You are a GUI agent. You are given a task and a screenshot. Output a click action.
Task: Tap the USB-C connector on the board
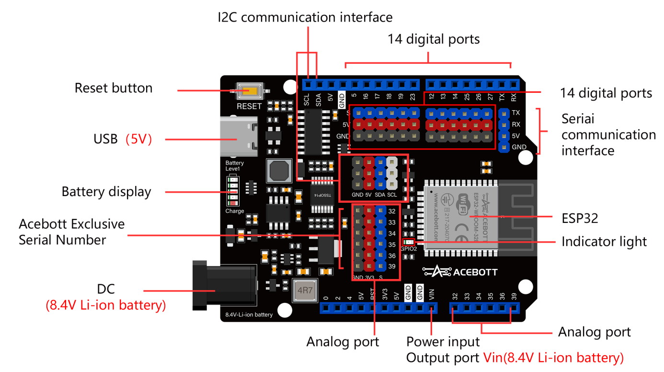[x=238, y=139]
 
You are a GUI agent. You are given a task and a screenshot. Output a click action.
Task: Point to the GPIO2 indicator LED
[x=408, y=243]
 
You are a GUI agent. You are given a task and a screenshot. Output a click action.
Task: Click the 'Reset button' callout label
[x=114, y=88]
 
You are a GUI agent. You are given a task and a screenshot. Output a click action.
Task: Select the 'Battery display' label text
[x=106, y=192]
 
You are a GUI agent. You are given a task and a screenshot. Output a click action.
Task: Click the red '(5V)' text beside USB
[x=138, y=139]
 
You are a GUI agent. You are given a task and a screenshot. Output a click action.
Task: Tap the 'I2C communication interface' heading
[x=305, y=18]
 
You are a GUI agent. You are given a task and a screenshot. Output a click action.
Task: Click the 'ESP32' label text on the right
[x=580, y=219]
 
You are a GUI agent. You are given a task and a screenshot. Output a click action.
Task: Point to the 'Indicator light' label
[x=604, y=242]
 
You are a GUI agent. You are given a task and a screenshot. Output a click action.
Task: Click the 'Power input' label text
[x=443, y=342]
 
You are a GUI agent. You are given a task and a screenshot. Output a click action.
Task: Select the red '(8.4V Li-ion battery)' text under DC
[x=106, y=305]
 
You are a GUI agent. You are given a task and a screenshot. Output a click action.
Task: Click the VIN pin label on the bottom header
[x=432, y=292]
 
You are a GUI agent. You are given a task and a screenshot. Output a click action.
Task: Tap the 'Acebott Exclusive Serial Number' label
[x=71, y=232]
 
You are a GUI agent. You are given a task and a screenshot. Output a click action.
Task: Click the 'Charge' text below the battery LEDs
[x=235, y=211]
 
